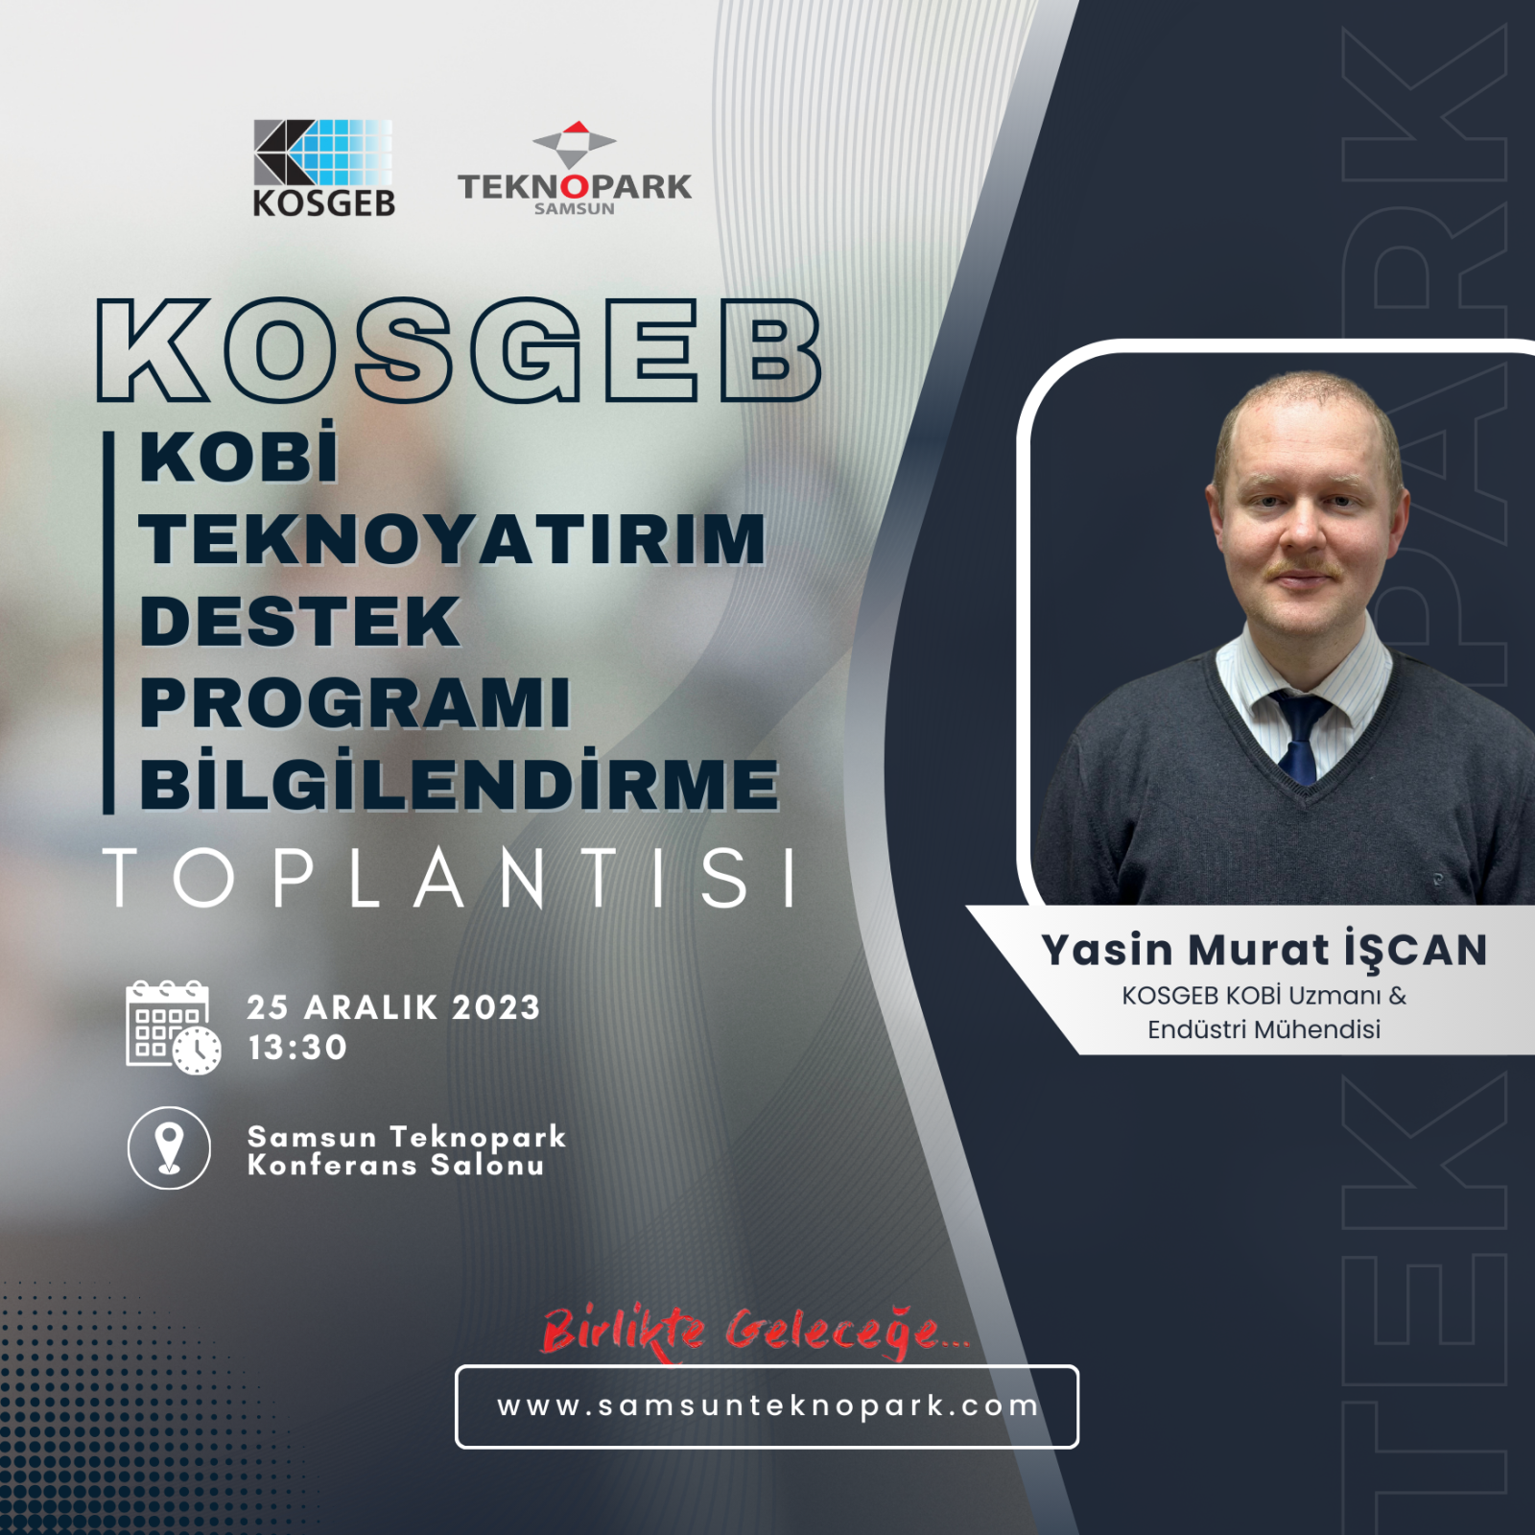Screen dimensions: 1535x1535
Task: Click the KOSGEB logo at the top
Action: (x=323, y=168)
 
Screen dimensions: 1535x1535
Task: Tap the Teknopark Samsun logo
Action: (x=574, y=168)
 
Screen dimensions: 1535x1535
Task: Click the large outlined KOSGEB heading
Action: (x=459, y=350)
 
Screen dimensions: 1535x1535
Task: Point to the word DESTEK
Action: (x=299, y=621)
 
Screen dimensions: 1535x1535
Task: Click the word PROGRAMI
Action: (x=355, y=702)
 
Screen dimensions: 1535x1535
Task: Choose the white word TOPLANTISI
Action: (x=450, y=877)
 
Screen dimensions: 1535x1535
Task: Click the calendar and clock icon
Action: (x=173, y=1027)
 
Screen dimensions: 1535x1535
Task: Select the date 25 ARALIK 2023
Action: (x=393, y=1007)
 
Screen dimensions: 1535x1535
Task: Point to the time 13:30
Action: (x=297, y=1048)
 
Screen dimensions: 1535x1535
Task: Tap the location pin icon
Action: (x=169, y=1147)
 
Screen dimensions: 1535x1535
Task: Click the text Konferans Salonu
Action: (x=395, y=1166)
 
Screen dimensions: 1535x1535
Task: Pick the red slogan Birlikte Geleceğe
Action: (x=755, y=1331)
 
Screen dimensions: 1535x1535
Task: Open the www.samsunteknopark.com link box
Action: (x=767, y=1406)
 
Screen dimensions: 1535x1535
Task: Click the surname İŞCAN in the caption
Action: (x=1415, y=950)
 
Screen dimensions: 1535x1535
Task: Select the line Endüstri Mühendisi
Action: (x=1263, y=1029)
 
